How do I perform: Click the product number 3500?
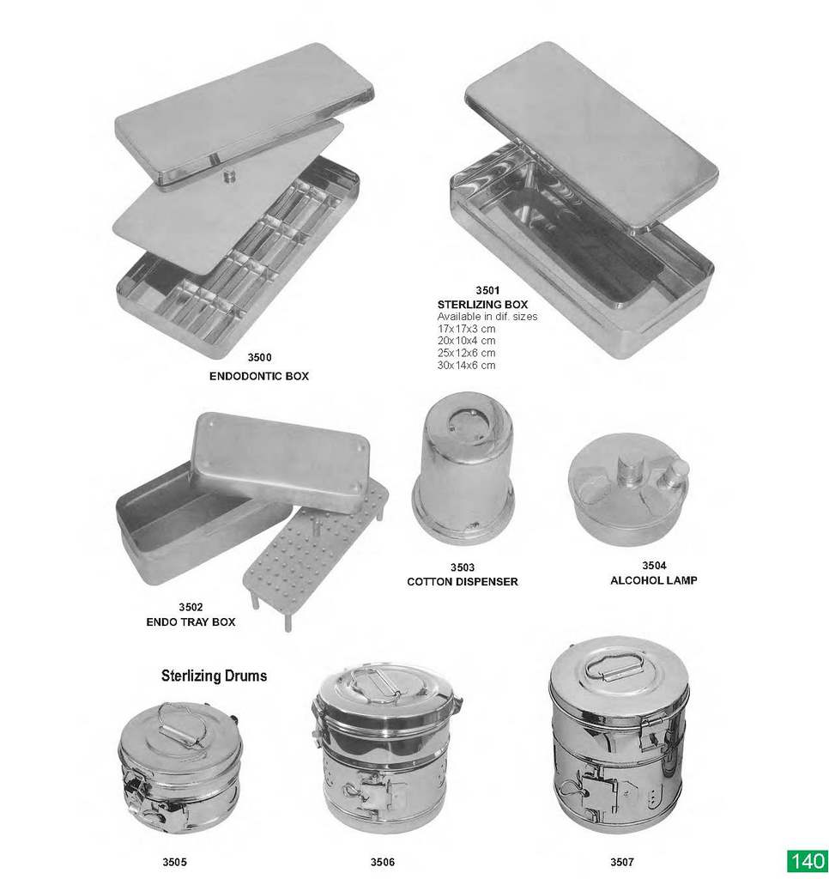(x=259, y=358)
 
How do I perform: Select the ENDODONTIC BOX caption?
(x=259, y=376)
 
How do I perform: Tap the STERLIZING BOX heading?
(x=482, y=305)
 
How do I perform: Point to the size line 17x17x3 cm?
(x=466, y=329)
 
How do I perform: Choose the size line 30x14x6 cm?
(x=466, y=366)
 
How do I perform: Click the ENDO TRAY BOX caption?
(x=191, y=621)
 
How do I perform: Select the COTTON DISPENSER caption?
(x=463, y=582)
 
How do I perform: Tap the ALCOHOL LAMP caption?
(x=654, y=580)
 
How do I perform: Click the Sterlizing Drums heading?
(x=215, y=676)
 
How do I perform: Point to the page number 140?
(x=808, y=860)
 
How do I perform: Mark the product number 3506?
(x=382, y=862)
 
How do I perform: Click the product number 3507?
(x=622, y=862)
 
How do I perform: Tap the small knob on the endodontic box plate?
(x=228, y=176)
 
